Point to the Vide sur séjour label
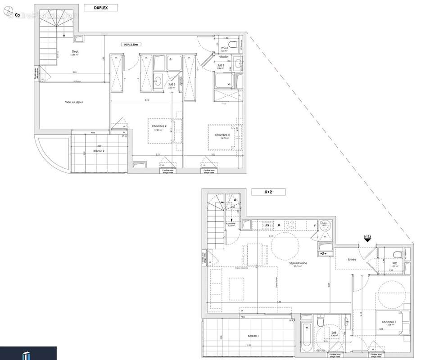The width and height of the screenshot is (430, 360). click(74, 102)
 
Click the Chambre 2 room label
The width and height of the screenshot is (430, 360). click(158, 126)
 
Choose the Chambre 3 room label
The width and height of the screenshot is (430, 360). click(222, 135)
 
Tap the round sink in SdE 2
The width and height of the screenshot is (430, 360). click(158, 81)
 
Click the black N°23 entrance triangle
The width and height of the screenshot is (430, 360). click(368, 240)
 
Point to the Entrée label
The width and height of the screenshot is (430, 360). click(352, 260)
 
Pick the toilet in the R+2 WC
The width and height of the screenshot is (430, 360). click(396, 253)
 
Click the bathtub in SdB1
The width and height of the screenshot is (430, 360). click(307, 337)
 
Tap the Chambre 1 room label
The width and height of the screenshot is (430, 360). click(389, 322)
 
